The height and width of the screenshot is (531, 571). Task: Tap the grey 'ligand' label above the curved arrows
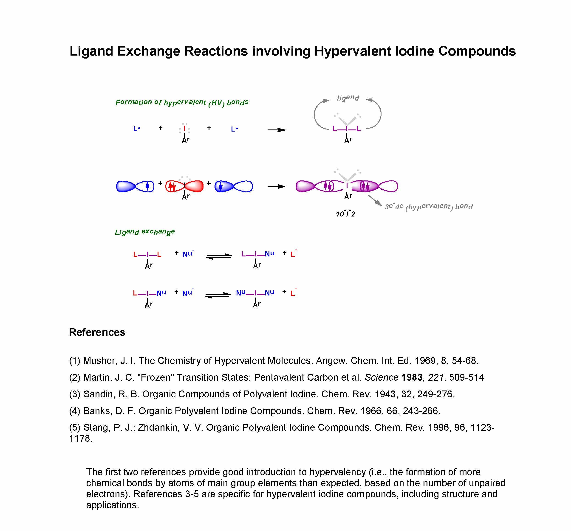click(348, 98)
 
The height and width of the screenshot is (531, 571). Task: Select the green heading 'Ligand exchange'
click(145, 232)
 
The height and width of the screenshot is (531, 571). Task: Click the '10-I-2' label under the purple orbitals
click(345, 214)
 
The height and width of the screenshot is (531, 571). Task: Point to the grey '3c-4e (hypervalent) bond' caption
click(429, 207)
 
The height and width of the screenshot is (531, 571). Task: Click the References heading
click(97, 332)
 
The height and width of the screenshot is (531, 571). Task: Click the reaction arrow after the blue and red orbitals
click(276, 187)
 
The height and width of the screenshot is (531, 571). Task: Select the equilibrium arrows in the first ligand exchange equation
click(219, 256)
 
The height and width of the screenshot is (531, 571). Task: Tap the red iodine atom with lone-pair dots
click(184, 129)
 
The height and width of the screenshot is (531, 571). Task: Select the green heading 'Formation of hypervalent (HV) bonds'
click(182, 102)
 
